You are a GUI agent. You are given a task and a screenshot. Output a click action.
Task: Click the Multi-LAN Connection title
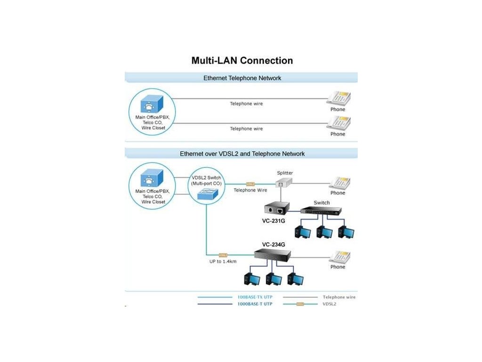coord(242,60)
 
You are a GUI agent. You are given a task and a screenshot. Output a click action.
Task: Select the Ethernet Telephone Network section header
coord(242,78)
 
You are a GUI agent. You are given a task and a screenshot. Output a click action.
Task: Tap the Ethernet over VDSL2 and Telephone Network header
coord(242,154)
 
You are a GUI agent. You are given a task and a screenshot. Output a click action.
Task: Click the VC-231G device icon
coord(277,208)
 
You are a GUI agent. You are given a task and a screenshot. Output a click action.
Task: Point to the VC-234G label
coord(273,245)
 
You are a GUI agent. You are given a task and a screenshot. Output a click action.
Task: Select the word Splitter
coord(285,173)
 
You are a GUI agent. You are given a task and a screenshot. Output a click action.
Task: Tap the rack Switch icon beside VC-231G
coord(321,211)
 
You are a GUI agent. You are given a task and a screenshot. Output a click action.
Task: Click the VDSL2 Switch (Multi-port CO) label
coord(206,181)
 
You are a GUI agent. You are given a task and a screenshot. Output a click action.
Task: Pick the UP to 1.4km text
coord(223,261)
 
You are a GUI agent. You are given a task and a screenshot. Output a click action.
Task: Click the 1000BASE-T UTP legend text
coord(255,304)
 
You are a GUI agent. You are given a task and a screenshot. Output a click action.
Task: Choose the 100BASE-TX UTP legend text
coord(255,297)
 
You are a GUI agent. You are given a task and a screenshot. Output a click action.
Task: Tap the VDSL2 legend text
coord(329,304)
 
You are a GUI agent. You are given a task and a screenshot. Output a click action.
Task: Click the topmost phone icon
coord(339,99)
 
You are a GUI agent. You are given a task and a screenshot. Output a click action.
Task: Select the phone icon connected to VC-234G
coord(340,257)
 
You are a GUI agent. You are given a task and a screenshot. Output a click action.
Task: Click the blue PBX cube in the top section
coord(152,104)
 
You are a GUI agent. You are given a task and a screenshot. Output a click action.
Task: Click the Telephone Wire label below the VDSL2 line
coord(250,190)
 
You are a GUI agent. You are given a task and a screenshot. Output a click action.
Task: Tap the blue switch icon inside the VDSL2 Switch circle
coord(208,194)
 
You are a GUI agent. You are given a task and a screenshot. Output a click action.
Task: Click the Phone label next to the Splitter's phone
coord(337,193)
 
